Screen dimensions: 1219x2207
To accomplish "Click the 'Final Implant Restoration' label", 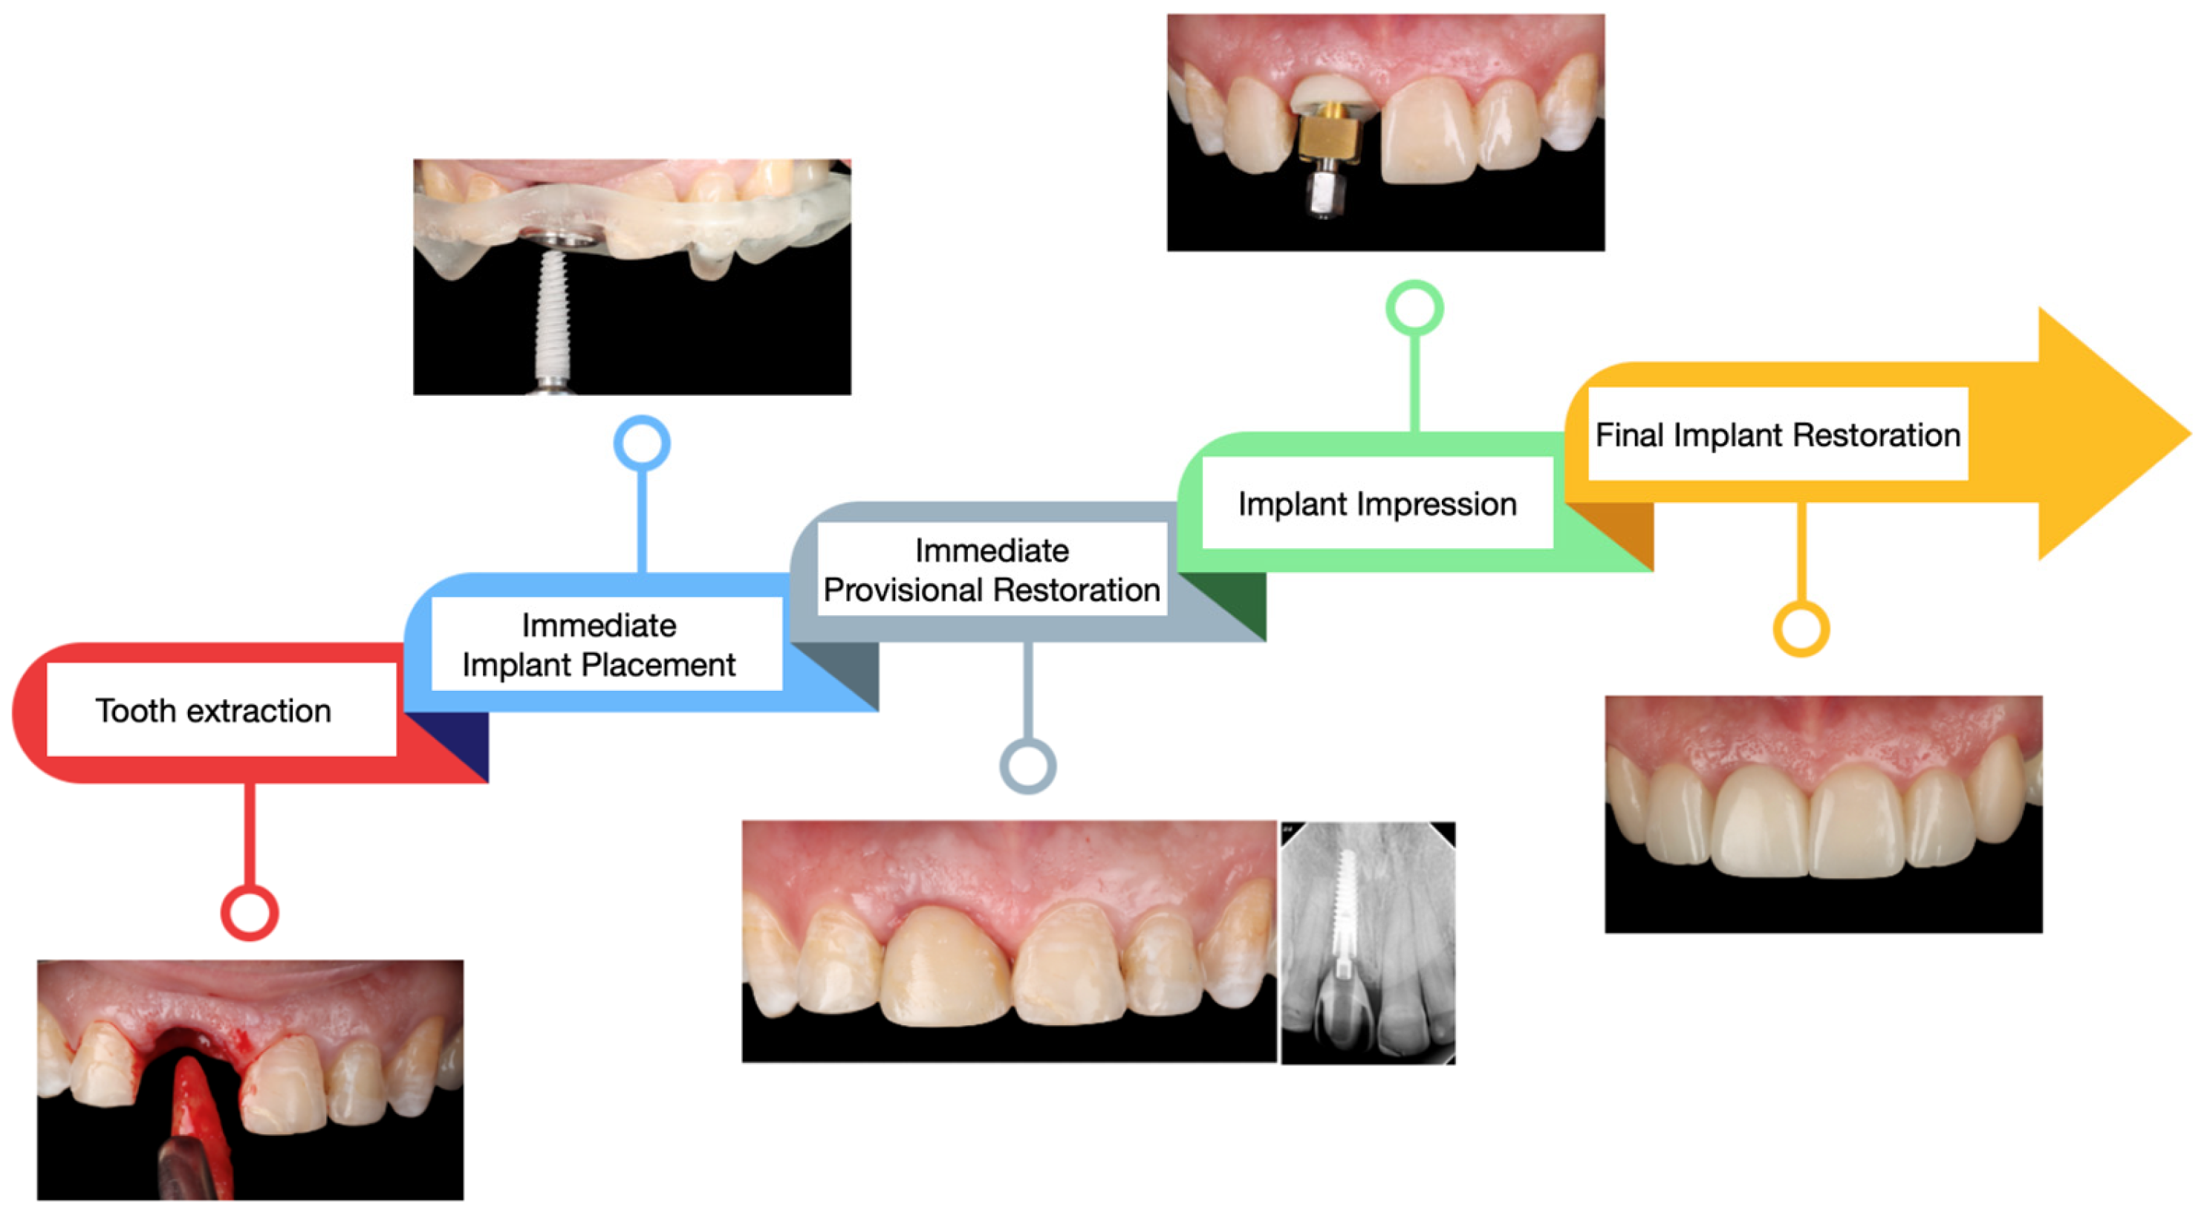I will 1777,435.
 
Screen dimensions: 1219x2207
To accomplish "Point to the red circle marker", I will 250,912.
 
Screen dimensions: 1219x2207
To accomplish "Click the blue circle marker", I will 642,443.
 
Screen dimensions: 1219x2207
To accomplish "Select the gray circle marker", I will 1027,765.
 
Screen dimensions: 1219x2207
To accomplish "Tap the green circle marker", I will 1414,308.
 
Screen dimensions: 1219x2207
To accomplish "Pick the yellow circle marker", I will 1801,628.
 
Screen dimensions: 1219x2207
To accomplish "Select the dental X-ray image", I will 1368,943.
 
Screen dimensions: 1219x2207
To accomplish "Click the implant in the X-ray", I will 1346,908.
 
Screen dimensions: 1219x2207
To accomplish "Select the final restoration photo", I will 1823,814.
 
